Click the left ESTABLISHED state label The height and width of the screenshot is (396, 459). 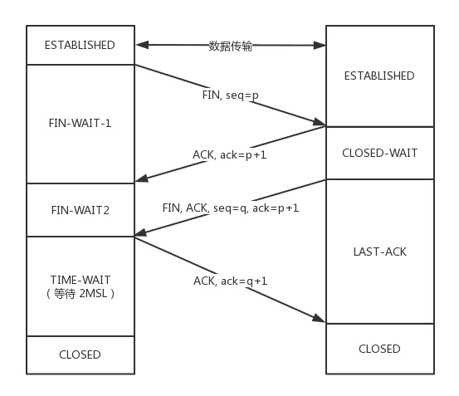[x=80, y=45]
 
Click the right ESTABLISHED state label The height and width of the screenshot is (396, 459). [x=379, y=76]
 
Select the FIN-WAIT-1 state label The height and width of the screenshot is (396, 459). [x=81, y=123]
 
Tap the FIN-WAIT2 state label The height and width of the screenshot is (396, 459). [x=81, y=210]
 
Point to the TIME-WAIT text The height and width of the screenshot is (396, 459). [x=81, y=280]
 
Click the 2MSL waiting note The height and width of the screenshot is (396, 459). [x=81, y=293]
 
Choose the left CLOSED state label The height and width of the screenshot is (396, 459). [x=80, y=354]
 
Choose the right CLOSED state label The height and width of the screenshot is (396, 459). [x=379, y=349]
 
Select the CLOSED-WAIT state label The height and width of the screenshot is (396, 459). [x=380, y=153]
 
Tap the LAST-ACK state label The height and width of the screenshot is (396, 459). [x=380, y=252]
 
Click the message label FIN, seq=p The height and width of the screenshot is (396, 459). [x=231, y=95]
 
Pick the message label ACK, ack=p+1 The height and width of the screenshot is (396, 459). [x=230, y=154]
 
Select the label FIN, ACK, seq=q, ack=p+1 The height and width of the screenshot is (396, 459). [x=231, y=208]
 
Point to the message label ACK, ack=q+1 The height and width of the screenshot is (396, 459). [x=231, y=281]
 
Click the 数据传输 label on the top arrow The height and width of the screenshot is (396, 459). [x=231, y=46]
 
